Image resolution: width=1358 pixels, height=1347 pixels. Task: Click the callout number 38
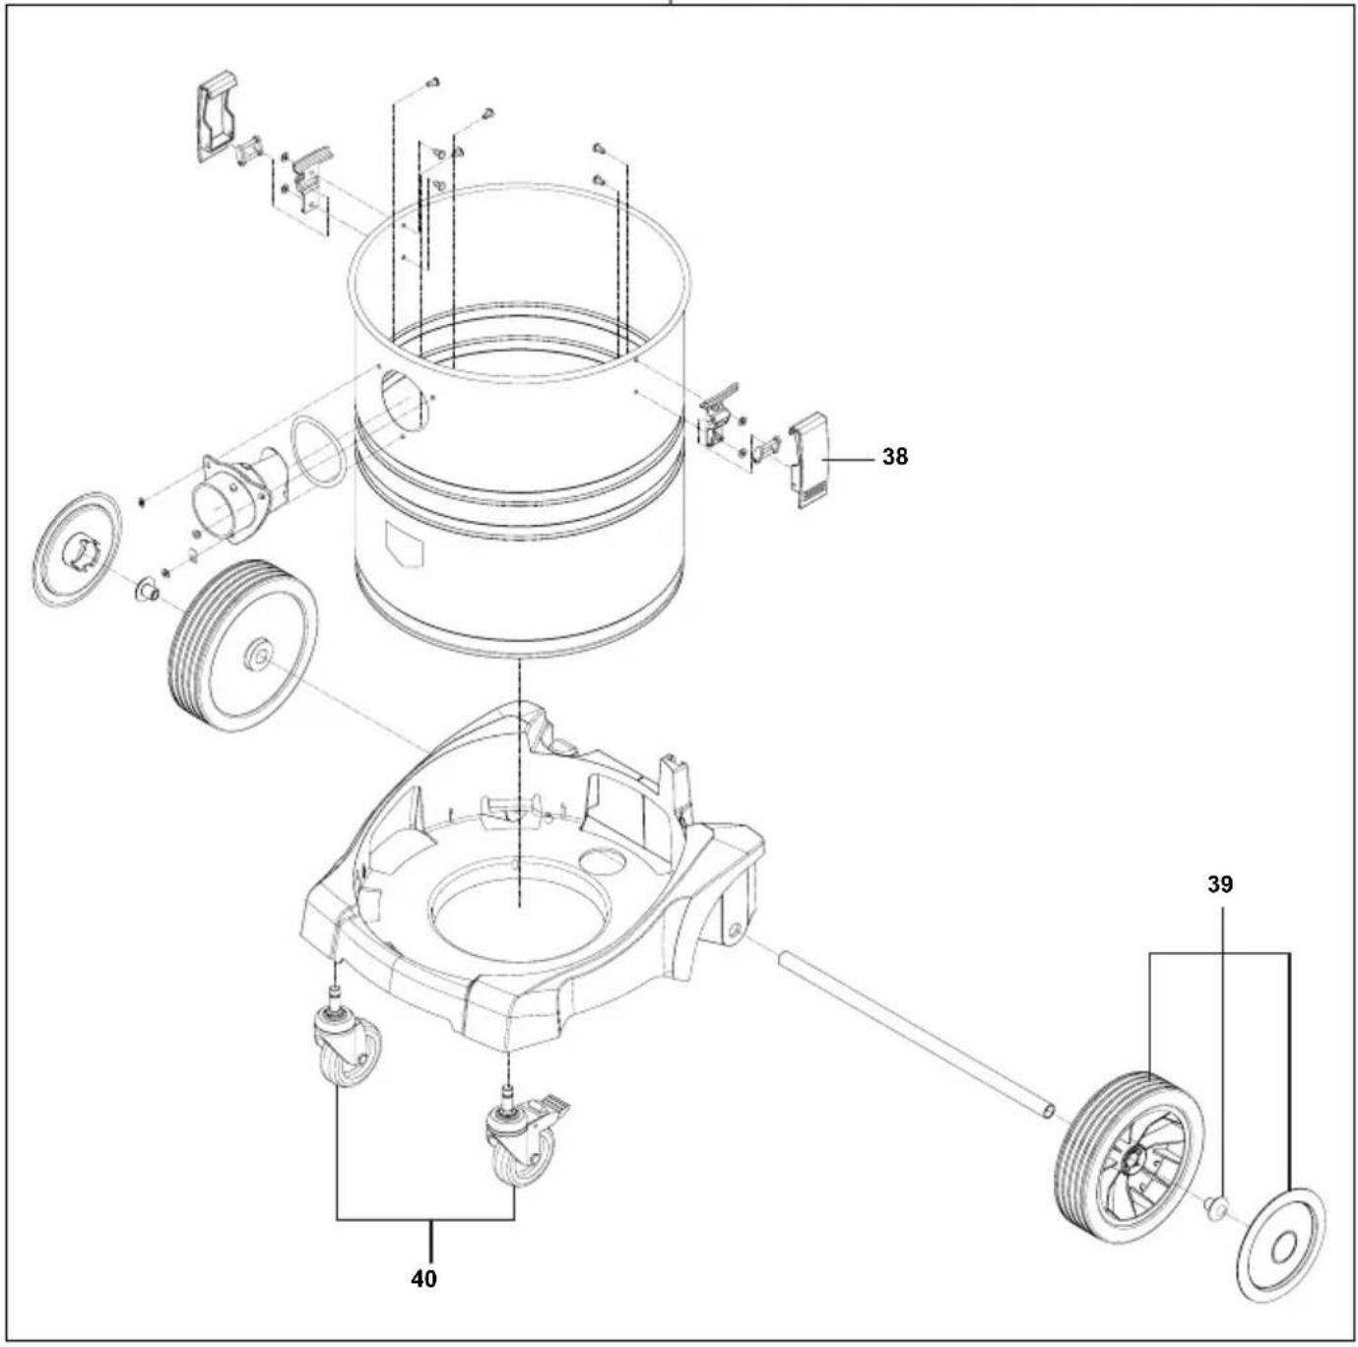(894, 457)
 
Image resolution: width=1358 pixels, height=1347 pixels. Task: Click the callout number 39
(1219, 884)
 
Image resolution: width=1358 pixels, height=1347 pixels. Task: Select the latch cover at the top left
(218, 114)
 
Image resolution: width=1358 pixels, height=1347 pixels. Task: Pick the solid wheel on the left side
(243, 646)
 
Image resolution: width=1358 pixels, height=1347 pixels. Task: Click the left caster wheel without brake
(347, 1052)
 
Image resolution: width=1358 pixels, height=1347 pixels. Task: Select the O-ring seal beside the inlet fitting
(317, 451)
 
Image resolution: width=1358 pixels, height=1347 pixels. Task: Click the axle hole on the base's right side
(735, 929)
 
